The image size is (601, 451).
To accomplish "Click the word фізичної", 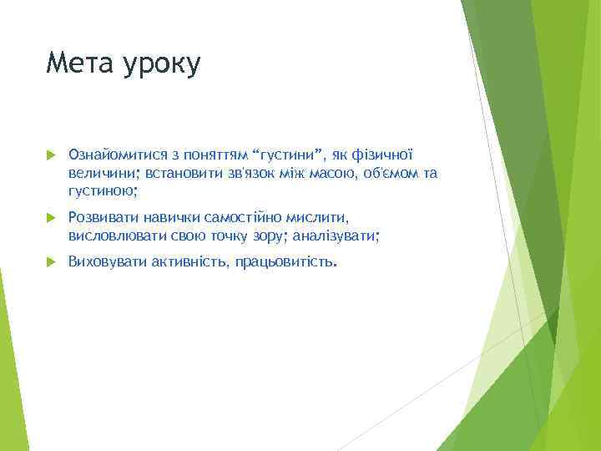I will click(x=382, y=155).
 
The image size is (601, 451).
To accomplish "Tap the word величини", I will click(x=104, y=173).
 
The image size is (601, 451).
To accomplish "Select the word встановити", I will click(x=184, y=173).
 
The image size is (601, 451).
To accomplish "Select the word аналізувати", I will click(x=336, y=236).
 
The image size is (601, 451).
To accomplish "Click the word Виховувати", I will click(x=108, y=261).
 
